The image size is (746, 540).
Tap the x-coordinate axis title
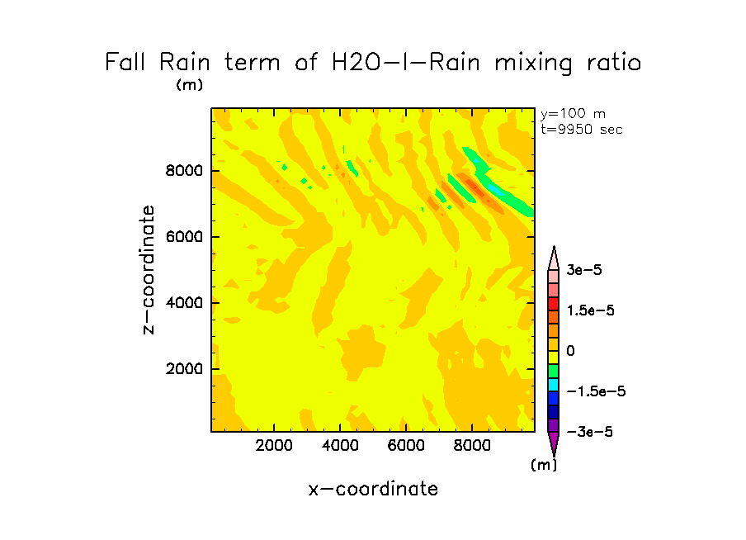pos(373,489)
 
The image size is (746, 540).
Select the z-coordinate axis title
pos(149,269)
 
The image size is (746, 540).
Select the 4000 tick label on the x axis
pos(340,446)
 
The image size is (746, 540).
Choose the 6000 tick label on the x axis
pos(406,446)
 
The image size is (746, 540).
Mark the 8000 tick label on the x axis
pos(472,446)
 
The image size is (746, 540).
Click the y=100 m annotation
pos(572,115)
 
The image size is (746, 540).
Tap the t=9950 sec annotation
pos(581,129)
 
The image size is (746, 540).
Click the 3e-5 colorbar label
pos(584,270)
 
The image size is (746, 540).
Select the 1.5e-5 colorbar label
pos(591,310)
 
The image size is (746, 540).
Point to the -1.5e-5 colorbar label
pos(595,391)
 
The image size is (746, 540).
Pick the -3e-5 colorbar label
pos(588,432)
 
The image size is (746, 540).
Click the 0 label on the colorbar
pos(570,351)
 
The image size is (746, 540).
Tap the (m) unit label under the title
pos(189,84)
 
